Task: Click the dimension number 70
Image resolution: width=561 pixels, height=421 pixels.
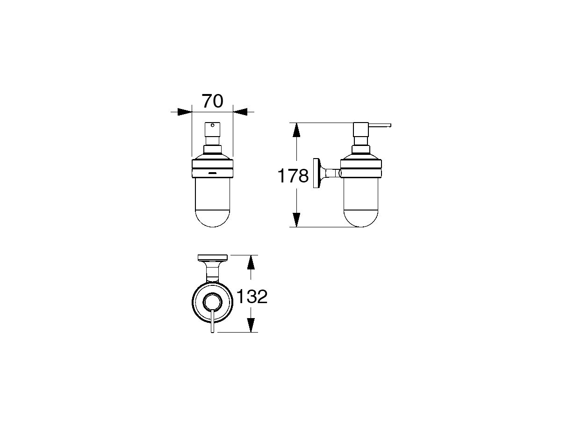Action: pos(212,101)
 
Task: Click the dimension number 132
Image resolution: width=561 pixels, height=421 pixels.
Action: pos(252,297)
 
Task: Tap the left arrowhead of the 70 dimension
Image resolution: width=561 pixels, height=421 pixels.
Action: pos(185,112)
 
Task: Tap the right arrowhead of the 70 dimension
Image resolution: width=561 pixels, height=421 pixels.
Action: pos(240,112)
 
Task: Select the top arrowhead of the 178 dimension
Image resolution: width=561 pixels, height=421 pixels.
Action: pos(296,130)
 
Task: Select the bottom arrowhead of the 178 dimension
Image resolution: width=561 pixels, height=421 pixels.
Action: pos(296,220)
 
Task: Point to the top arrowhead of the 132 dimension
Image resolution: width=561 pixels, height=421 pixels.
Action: pos(251,262)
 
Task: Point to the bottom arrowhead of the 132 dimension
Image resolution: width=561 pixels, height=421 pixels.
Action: pos(251,325)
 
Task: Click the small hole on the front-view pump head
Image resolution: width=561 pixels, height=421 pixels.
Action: pos(212,125)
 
